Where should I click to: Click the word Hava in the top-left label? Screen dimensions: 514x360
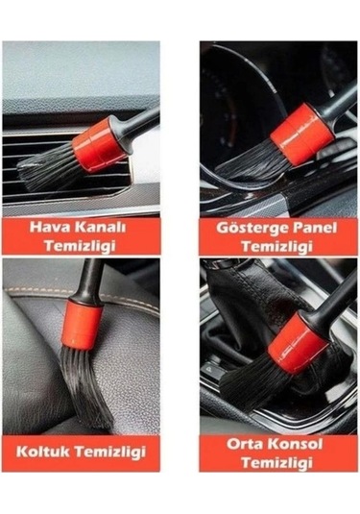click(51, 229)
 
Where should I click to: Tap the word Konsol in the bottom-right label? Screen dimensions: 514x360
click(295, 444)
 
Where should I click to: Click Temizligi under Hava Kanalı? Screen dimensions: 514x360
click(82, 246)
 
